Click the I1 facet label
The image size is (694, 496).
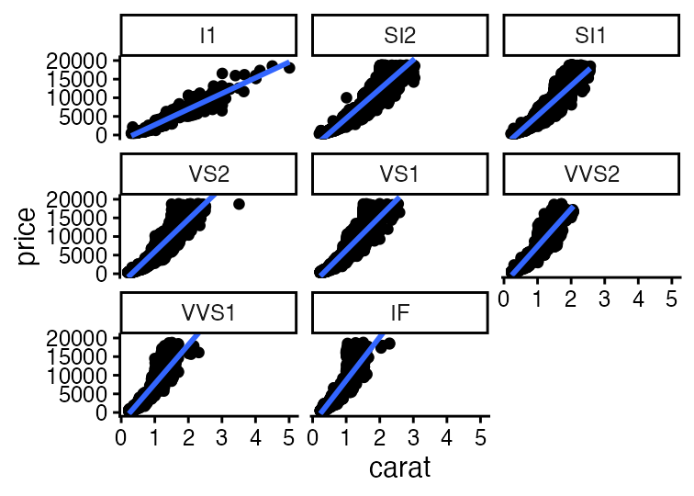click(x=208, y=36)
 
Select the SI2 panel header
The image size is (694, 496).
click(x=399, y=36)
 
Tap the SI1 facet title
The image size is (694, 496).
click(x=590, y=36)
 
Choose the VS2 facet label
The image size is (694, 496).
click(x=208, y=175)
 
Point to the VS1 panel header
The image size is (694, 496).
click(x=399, y=175)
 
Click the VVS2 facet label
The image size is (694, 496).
click(x=590, y=175)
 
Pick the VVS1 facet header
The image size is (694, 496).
click(x=208, y=313)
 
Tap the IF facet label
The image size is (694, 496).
click(x=399, y=313)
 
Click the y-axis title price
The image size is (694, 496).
click(x=28, y=237)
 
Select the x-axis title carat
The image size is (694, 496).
click(x=399, y=468)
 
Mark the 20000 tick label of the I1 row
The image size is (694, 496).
click(x=81, y=61)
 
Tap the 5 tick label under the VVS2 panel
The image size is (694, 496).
click(x=672, y=299)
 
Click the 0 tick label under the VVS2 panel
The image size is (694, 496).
click(x=503, y=299)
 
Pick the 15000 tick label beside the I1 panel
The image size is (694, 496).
click(x=81, y=79)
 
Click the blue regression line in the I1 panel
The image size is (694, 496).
click(x=211, y=98)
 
